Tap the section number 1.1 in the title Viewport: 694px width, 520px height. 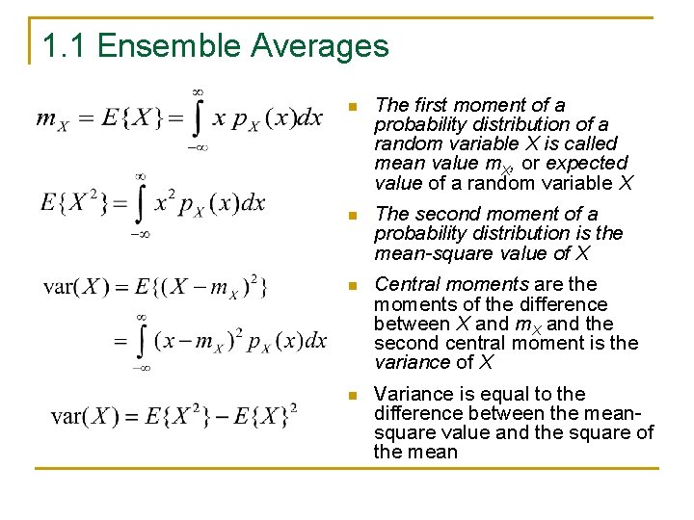pos(66,45)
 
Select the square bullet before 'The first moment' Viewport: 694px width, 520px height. pos(354,106)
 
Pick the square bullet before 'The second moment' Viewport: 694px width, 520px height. pos(354,215)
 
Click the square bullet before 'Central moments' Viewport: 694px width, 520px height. pos(354,285)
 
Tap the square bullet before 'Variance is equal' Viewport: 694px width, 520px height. pos(354,394)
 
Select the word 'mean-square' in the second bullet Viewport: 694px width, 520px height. pos(422,254)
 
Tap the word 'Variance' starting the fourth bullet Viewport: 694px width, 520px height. pos(412,393)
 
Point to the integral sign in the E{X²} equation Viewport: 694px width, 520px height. pos(141,203)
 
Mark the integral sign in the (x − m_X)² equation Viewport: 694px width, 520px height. pos(141,340)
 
